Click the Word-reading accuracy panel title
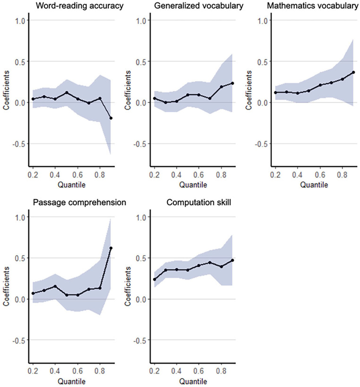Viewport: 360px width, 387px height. coord(79,6)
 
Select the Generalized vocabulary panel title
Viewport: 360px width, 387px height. coord(198,6)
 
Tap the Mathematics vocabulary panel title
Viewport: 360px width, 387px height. coord(313,6)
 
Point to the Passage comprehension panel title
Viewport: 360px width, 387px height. coord(79,202)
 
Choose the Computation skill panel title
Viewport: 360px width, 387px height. coord(198,202)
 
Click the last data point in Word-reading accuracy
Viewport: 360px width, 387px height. coord(111,118)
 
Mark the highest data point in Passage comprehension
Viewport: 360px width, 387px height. coord(111,248)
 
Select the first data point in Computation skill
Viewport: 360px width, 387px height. coord(154,279)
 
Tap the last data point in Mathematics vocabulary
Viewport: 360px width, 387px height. coord(353,72)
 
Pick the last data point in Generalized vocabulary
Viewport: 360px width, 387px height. coord(232,83)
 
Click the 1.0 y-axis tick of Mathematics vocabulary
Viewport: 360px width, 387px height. coord(262,20)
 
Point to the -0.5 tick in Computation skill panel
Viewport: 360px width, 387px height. coord(139,340)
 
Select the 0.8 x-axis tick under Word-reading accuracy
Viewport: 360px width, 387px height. coord(100,175)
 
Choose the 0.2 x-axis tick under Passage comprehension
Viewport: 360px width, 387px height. coord(33,371)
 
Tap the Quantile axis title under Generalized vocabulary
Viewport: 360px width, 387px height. coord(193,185)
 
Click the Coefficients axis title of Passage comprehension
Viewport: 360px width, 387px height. coord(6,286)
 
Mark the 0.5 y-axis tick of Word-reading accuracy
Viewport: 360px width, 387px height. coord(20,62)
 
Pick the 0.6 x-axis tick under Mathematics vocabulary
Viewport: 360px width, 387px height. coord(320,175)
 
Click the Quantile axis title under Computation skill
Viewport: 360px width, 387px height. coord(193,381)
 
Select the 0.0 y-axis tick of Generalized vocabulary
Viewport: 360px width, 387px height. coord(141,103)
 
